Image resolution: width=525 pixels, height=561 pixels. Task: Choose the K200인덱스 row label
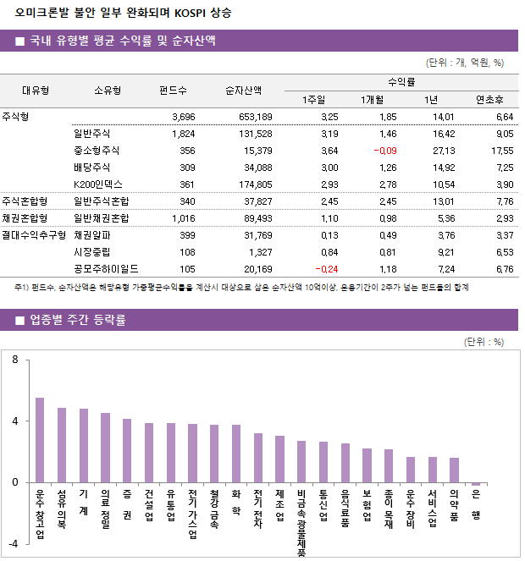(x=98, y=184)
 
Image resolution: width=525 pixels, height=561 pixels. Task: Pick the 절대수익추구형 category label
(x=34, y=235)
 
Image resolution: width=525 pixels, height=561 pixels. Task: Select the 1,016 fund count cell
(x=183, y=218)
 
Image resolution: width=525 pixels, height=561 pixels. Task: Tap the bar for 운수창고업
(x=40, y=440)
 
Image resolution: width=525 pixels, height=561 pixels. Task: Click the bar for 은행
(x=476, y=484)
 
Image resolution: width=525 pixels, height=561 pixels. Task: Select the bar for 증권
(x=127, y=450)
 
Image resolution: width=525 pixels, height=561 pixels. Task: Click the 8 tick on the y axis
(x=14, y=360)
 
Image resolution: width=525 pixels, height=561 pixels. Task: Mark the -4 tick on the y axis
(x=13, y=543)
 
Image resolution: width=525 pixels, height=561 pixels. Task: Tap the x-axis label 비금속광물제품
(x=301, y=523)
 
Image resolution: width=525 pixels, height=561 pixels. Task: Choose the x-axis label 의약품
(x=454, y=506)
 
